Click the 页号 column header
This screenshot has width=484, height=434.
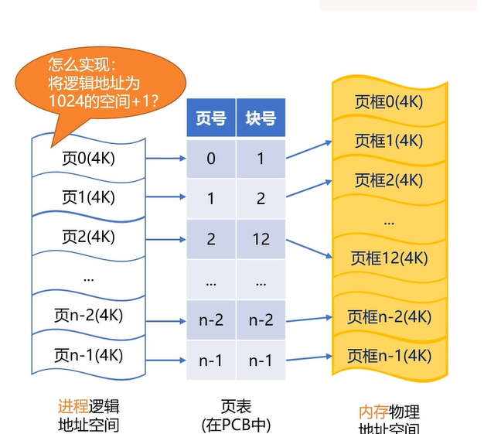211,118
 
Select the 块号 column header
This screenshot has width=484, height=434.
261,118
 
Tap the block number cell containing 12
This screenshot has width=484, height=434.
261,239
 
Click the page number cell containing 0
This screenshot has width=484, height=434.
211,159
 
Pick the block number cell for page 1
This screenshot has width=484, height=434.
261,199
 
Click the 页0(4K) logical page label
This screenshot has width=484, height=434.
88,159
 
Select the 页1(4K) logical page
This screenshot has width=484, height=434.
88,197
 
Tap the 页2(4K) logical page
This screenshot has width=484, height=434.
88,237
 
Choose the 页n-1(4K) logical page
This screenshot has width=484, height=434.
88,355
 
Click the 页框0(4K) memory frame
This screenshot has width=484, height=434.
389,101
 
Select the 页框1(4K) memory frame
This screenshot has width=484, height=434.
389,141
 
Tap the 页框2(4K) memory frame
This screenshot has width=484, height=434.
389,180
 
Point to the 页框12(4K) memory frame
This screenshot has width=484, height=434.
389,258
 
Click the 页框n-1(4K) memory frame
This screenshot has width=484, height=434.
389,356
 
